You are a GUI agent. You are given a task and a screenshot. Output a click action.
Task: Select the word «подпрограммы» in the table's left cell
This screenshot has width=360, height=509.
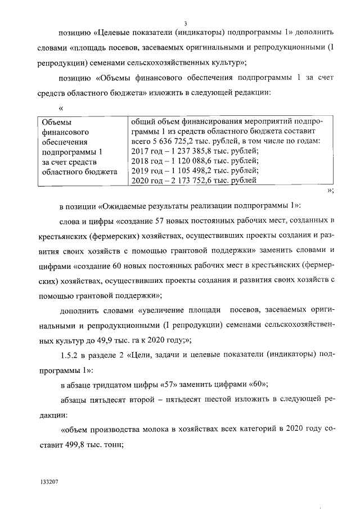[68, 151]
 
